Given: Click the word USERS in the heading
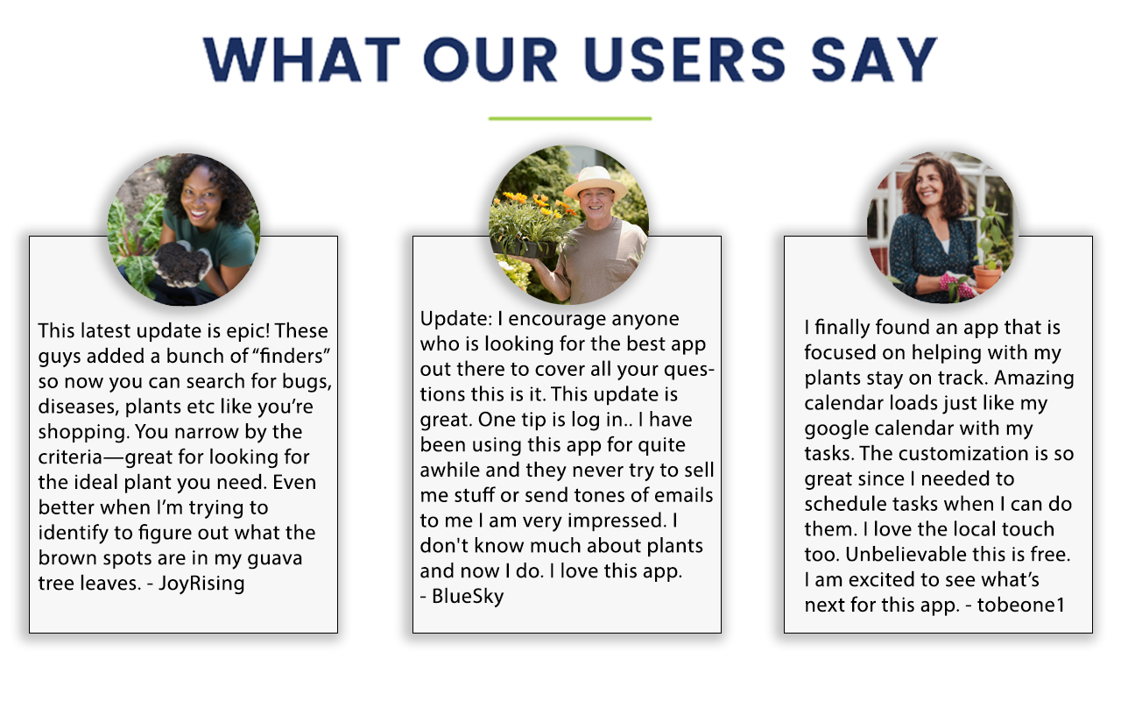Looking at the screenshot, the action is [684, 59].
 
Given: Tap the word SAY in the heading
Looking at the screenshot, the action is [874, 59].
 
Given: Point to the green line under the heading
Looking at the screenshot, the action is [570, 118].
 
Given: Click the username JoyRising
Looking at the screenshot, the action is [201, 584].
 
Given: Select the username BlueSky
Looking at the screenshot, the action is [468, 596].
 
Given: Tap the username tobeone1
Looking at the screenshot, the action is [1021, 605].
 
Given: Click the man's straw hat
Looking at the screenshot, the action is [596, 182].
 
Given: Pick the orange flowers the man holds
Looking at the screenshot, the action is [534, 202].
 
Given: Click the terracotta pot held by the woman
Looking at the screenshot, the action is [987, 277].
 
